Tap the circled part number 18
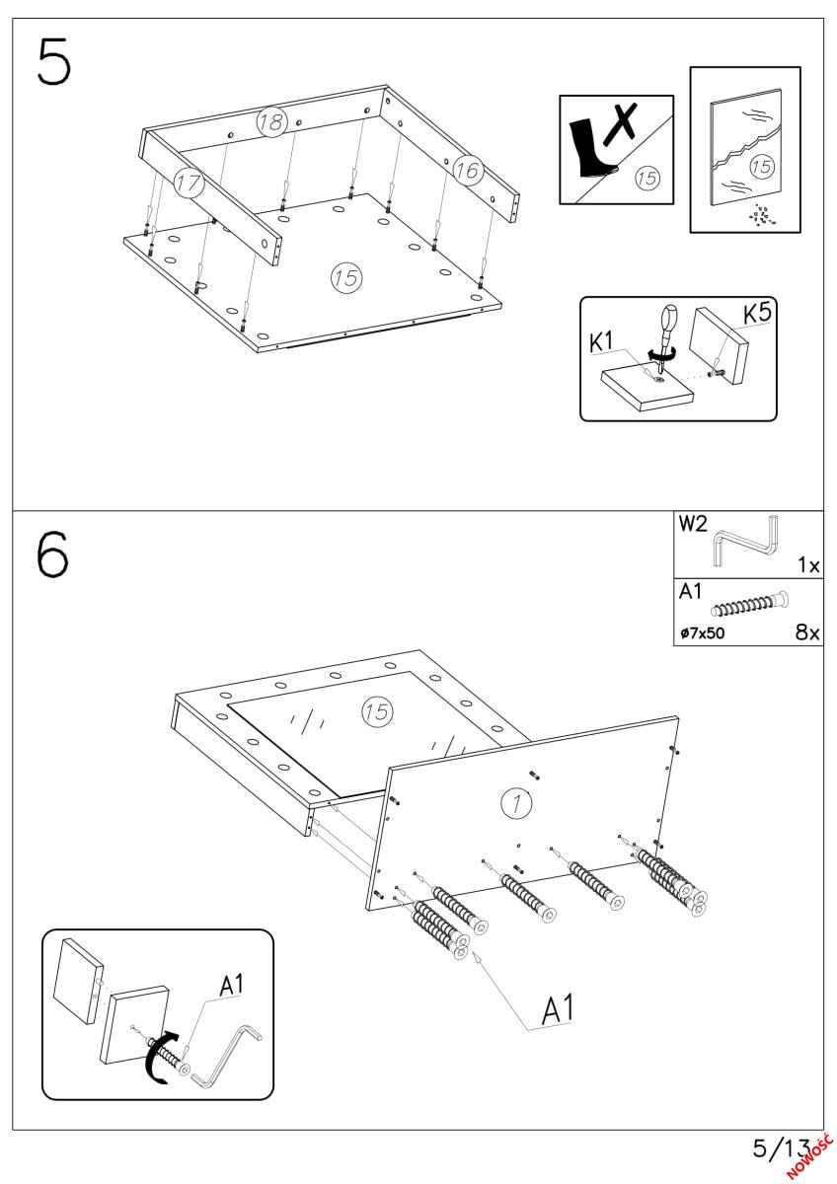[271, 122]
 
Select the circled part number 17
[188, 182]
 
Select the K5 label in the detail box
[758, 315]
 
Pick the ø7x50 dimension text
[702, 633]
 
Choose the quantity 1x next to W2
[808, 566]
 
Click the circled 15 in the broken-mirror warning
[762, 167]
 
